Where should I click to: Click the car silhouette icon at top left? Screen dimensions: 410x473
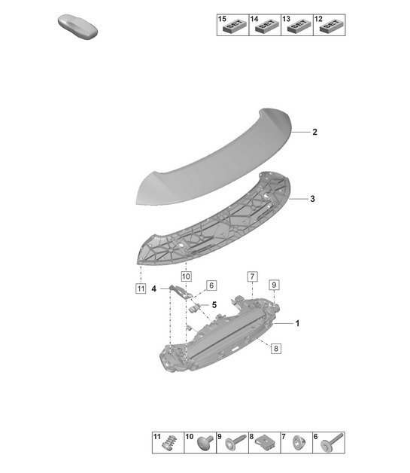[x=77, y=26]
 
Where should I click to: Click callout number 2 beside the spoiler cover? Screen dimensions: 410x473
[x=314, y=132]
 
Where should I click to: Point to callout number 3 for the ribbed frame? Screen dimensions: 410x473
[x=312, y=199]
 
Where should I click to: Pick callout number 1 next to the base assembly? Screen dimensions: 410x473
[x=297, y=323]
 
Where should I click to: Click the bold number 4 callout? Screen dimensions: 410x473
[x=154, y=289]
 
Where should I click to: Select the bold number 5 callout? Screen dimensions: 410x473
[x=214, y=305]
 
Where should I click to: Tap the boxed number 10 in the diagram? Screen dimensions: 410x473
[x=186, y=276]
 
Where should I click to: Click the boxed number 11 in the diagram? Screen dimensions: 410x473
[x=141, y=288]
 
